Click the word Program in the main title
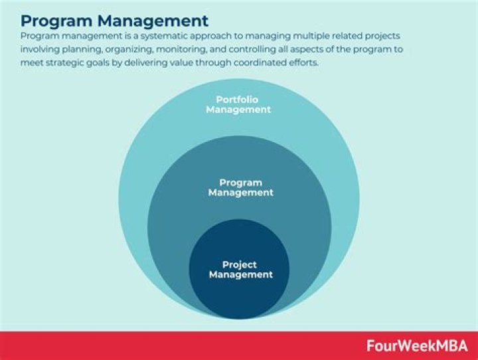click(56, 22)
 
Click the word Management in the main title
click(153, 21)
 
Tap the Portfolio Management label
click(238, 105)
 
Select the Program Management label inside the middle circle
click(240, 187)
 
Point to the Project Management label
click(240, 270)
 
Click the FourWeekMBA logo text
click(417, 345)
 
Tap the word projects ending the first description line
click(382, 37)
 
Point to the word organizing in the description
click(129, 50)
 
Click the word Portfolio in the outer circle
click(237, 100)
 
